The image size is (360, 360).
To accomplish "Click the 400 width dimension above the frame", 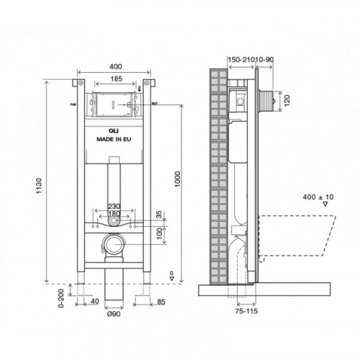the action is pyautogui.click(x=116, y=66).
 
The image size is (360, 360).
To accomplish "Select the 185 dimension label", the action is pyautogui.click(x=117, y=78).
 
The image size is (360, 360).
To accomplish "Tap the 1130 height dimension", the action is pyautogui.click(x=39, y=186).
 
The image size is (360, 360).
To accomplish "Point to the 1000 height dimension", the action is pyautogui.click(x=177, y=179).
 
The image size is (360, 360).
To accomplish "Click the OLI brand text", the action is pyautogui.click(x=114, y=131).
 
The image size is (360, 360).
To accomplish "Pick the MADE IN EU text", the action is pyautogui.click(x=114, y=139).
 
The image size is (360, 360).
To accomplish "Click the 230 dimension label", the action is pyautogui.click(x=114, y=206).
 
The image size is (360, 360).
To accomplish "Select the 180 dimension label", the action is pyautogui.click(x=114, y=214).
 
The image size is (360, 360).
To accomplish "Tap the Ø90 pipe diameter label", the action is pyautogui.click(x=114, y=314).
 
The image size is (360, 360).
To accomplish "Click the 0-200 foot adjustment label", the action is pyautogui.click(x=61, y=298).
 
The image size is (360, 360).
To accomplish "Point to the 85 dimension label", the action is pyautogui.click(x=161, y=302).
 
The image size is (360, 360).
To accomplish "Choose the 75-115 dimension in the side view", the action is pyautogui.click(x=246, y=311).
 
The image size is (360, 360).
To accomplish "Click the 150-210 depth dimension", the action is pyautogui.click(x=240, y=59).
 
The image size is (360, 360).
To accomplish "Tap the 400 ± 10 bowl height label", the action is pyautogui.click(x=318, y=197).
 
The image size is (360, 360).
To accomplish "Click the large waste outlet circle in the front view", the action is pyautogui.click(x=114, y=244).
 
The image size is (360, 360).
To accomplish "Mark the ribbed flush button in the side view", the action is pyautogui.click(x=265, y=101).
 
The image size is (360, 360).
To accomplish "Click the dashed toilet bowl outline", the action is pyautogui.click(x=297, y=235).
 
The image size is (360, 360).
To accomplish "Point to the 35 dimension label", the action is pyautogui.click(x=159, y=215).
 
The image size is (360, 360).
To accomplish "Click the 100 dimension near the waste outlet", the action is pyautogui.click(x=159, y=235).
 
